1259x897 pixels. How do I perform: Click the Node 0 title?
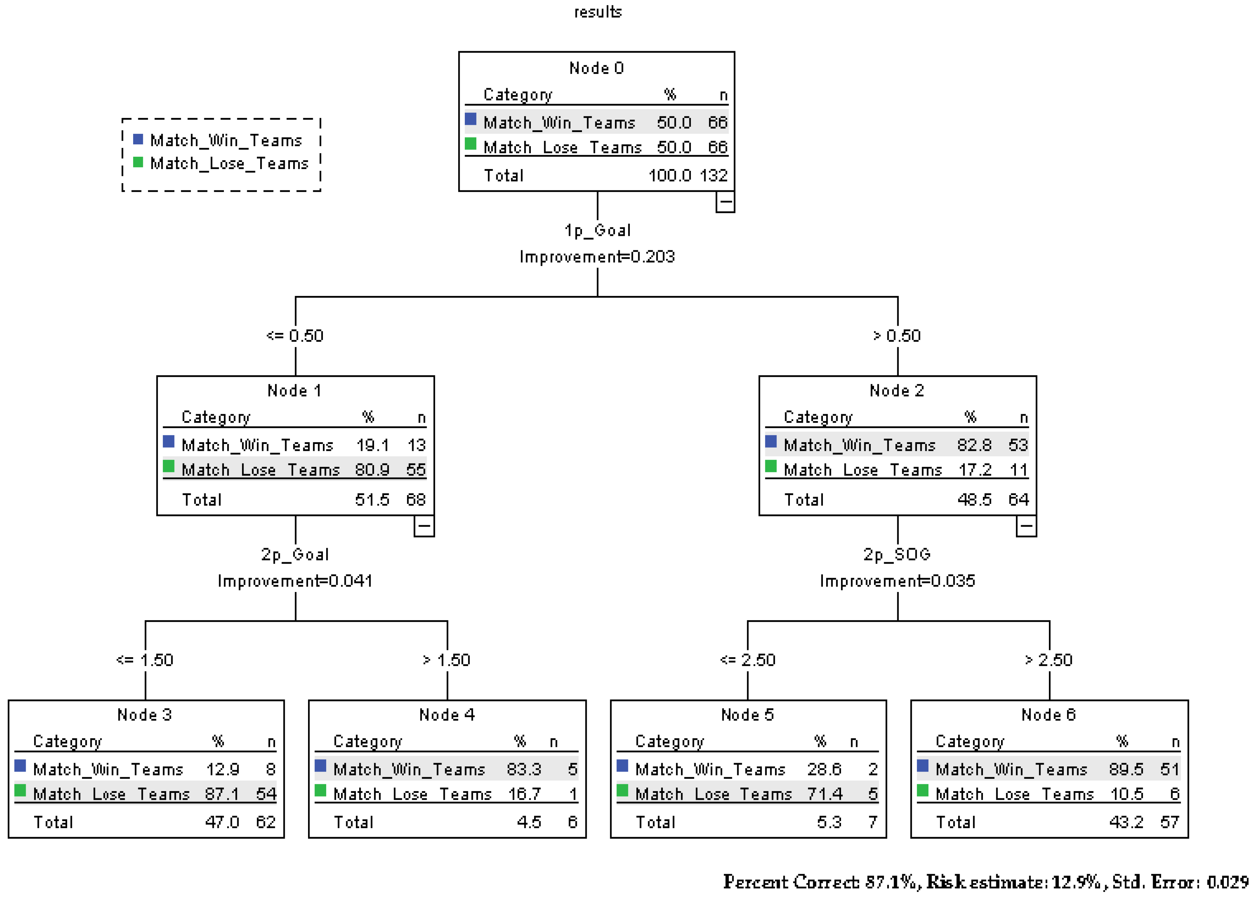596,68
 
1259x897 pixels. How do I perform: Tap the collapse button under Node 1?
424,526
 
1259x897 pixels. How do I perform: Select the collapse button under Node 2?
1025,526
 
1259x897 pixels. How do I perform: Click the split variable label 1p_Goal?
597,230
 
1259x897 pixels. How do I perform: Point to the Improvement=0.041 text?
295,581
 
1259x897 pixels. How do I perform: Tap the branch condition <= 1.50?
145,660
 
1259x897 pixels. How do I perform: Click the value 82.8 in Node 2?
974,445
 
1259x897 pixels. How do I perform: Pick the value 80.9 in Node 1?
372,470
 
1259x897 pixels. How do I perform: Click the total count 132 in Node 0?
713,176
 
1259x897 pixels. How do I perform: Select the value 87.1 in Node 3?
222,794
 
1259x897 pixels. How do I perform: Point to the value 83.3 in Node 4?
524,769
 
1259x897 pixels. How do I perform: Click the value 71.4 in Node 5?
824,794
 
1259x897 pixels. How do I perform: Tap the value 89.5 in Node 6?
1126,769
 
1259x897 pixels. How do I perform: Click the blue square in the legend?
138,139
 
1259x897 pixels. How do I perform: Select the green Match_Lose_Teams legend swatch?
138,162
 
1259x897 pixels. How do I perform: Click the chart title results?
598,12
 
